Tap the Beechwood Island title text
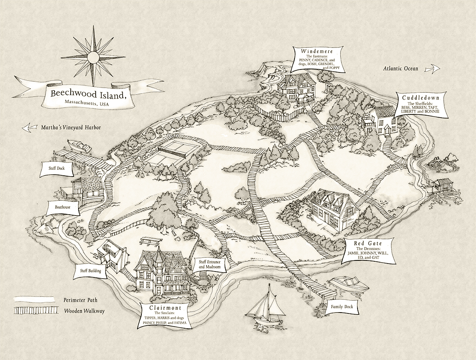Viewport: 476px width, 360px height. [x=88, y=94]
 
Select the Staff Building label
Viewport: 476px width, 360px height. [x=90, y=270]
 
